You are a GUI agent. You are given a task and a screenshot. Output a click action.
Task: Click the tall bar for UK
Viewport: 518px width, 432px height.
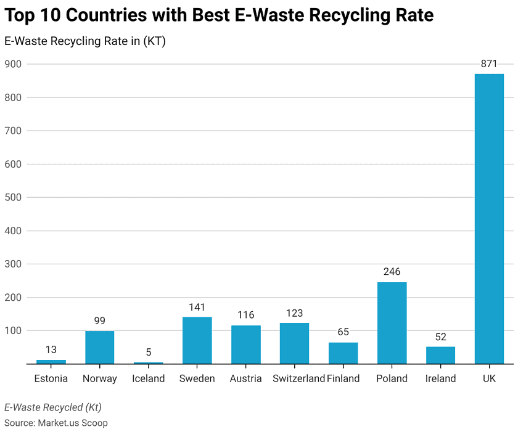click(489, 219)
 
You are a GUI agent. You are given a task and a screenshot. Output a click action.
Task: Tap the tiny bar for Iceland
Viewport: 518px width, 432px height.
click(148, 363)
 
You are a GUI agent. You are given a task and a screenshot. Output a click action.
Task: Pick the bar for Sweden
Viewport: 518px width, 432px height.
click(197, 340)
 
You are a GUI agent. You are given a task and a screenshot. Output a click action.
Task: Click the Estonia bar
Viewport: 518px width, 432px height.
click(51, 361)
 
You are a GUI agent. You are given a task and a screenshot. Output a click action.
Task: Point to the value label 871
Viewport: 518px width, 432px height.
click(489, 63)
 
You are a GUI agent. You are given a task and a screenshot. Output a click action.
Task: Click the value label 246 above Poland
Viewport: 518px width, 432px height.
click(392, 272)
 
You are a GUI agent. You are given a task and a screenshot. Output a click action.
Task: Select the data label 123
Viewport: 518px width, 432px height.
click(294, 313)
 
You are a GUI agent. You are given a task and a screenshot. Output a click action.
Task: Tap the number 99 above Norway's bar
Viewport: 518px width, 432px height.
click(99, 320)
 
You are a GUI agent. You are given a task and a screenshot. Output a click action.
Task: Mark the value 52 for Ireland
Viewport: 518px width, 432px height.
click(440, 336)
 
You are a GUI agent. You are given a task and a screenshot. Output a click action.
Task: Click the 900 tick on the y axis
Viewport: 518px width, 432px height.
click(12, 64)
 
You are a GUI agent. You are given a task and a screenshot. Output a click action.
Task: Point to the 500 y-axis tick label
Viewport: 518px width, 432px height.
click(12, 197)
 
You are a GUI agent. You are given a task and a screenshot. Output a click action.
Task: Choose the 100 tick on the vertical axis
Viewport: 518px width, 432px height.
click(12, 331)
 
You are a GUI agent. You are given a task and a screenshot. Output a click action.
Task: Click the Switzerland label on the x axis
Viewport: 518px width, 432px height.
click(298, 378)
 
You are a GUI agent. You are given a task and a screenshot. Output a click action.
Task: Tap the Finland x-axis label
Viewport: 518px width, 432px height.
click(343, 378)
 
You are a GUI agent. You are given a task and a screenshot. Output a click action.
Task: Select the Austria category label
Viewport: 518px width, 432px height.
click(245, 378)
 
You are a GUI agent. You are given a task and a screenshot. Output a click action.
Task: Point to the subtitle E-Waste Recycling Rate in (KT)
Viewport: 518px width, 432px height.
click(85, 41)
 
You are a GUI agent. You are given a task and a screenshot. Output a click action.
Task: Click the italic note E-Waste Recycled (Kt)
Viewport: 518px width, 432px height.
click(53, 407)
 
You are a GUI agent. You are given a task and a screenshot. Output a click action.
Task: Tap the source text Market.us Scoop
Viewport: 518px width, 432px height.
click(73, 423)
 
